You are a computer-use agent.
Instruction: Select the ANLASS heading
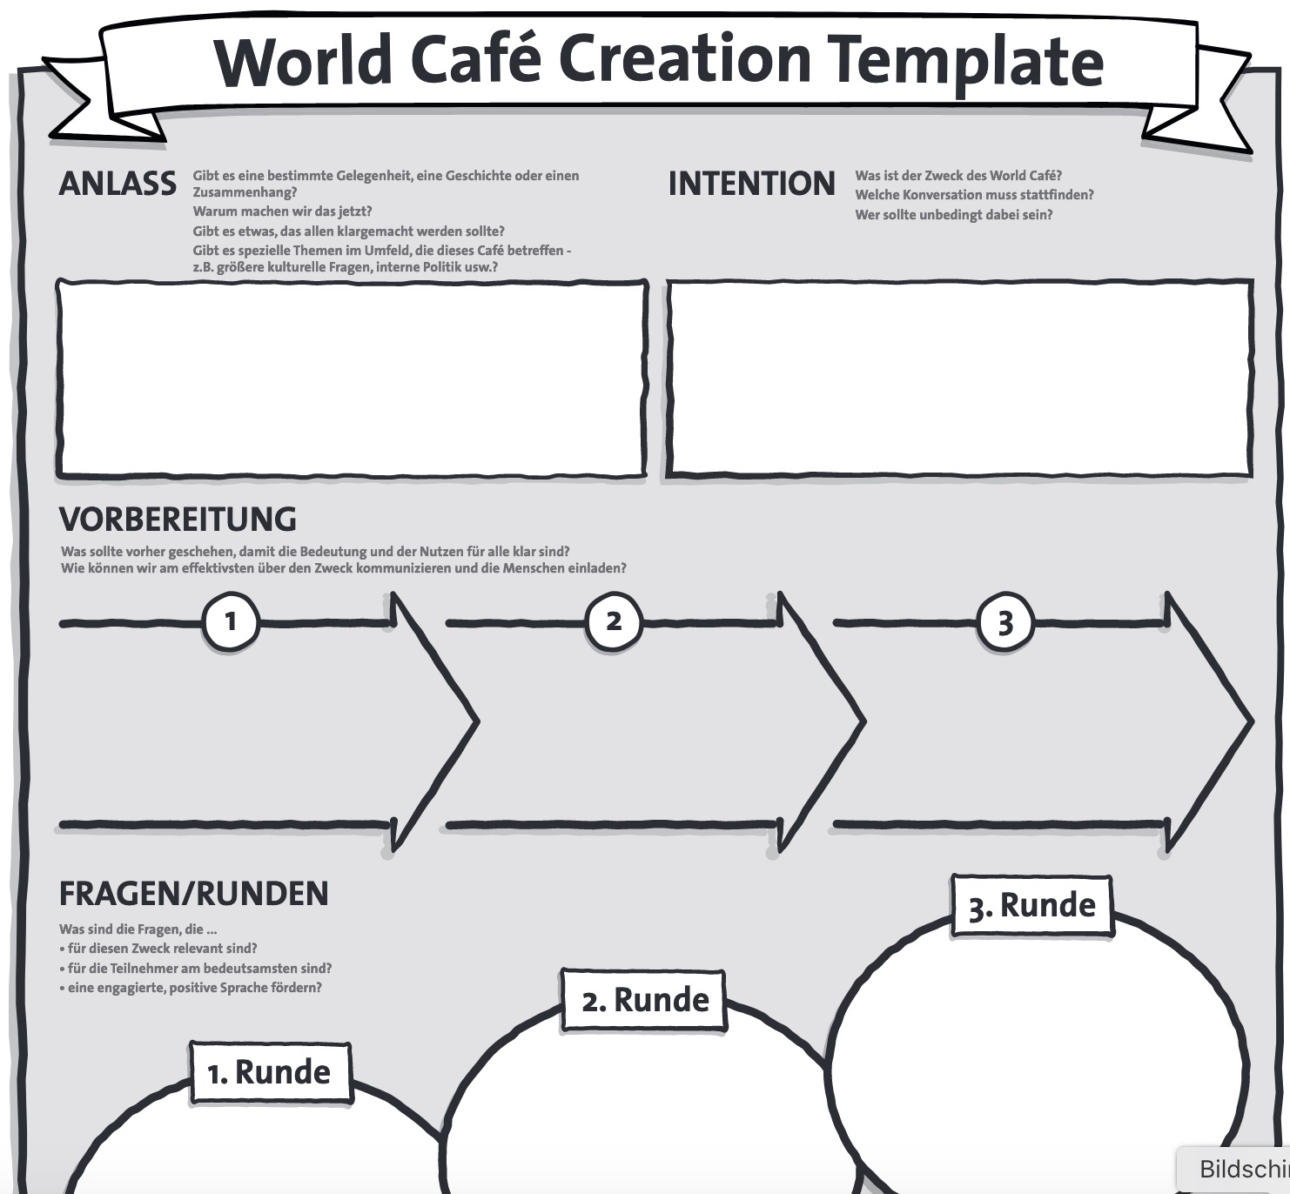coord(118,184)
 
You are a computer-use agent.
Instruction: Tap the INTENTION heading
coord(751,184)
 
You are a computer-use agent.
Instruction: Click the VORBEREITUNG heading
coord(178,520)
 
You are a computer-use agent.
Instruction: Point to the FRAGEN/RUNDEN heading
coord(193,894)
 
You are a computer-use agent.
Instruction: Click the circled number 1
coord(231,621)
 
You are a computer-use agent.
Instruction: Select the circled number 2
coord(614,621)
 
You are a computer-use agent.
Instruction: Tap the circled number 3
coord(1005,623)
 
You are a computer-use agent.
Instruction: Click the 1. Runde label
coord(270,1072)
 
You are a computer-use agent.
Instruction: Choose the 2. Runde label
coord(645,1000)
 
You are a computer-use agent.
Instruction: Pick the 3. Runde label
coord(1031,906)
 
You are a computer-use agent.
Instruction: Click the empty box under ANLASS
coord(352,379)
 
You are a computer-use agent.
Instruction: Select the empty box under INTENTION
coord(959,379)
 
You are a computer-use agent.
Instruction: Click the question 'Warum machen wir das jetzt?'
coord(282,211)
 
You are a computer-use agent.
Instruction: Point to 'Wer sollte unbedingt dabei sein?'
coord(953,215)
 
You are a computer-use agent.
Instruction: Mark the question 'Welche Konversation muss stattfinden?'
coord(974,195)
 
